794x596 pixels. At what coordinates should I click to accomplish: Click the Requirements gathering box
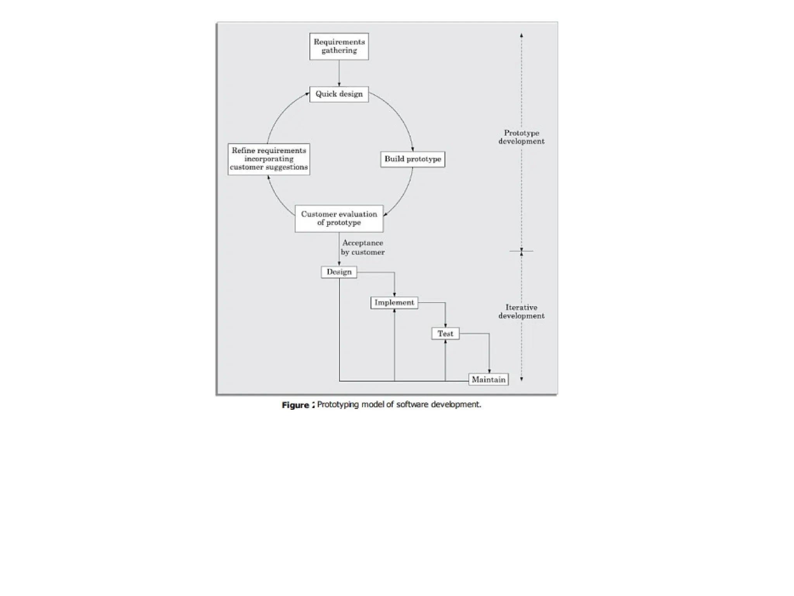[339, 46]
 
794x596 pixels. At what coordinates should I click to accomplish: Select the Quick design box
[339, 94]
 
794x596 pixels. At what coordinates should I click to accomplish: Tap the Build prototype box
[413, 159]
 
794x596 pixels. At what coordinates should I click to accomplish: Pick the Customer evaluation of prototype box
[339, 218]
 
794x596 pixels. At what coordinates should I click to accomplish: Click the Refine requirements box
[269, 159]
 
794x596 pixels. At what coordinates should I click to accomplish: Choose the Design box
[339, 272]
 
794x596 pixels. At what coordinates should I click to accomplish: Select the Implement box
[394, 303]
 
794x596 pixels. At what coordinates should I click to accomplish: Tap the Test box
[445, 334]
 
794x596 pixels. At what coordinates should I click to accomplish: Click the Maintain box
[488, 379]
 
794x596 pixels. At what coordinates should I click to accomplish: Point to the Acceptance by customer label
[362, 248]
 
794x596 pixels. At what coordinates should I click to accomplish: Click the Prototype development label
[521, 137]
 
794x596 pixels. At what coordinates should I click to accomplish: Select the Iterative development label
[521, 312]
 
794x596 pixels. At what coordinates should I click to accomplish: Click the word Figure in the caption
[295, 405]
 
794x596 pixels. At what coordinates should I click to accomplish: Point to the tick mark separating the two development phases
[521, 251]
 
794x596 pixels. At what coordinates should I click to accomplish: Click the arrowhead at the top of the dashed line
[521, 35]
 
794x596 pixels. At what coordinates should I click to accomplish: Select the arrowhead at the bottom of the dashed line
[521, 379]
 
